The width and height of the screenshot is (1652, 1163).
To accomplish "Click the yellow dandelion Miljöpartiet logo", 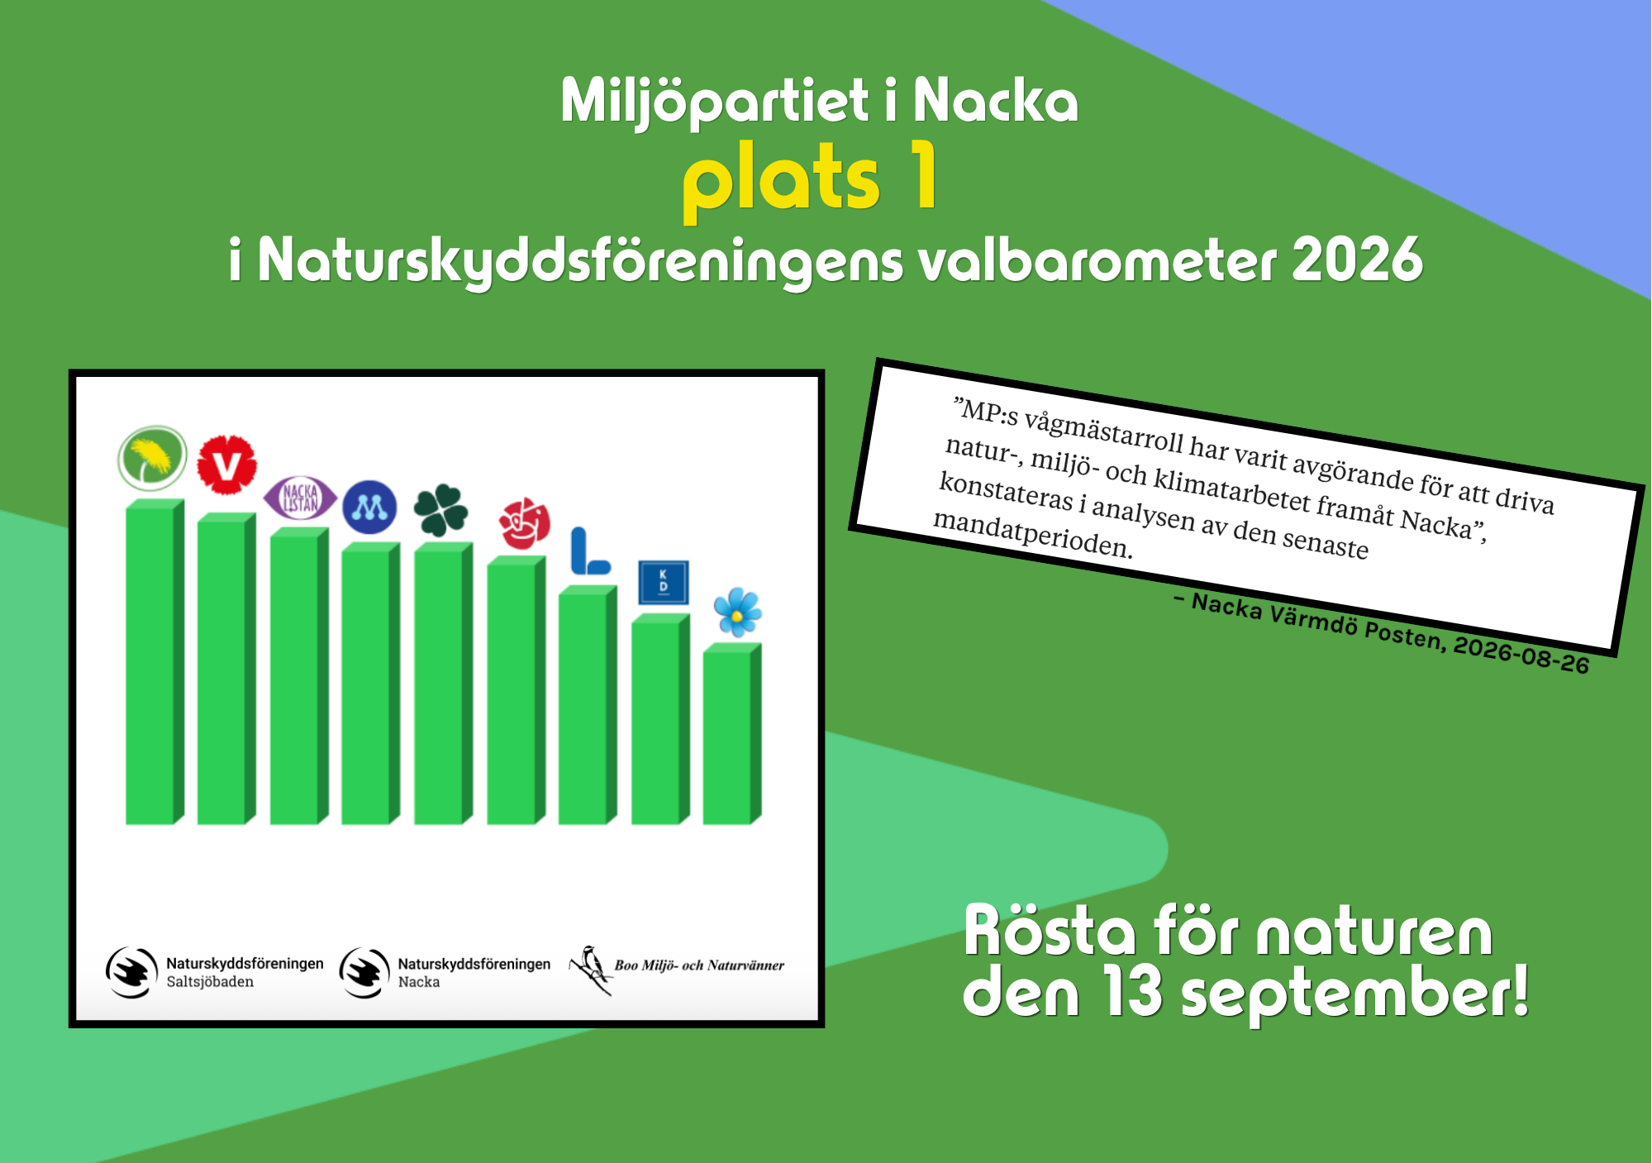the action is click(152, 458).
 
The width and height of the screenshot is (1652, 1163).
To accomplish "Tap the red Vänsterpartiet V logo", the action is click(226, 465).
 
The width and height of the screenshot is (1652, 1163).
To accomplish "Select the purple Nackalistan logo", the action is click(300, 498).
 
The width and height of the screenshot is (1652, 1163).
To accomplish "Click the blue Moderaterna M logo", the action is click(369, 507).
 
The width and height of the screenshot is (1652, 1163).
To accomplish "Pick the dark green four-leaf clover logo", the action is click(440, 510).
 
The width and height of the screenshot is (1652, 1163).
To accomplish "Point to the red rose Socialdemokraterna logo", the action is click(524, 523).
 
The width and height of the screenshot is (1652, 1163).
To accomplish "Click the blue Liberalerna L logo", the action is click(590, 551).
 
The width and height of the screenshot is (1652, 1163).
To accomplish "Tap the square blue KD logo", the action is click(664, 582).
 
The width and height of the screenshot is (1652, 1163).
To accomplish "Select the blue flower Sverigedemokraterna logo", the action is click(737, 612).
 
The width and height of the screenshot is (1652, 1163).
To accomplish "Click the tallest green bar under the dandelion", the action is click(155, 661).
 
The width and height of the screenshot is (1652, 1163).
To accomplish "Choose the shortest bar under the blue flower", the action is click(732, 734).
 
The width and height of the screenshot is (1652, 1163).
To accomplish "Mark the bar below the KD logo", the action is click(660, 719).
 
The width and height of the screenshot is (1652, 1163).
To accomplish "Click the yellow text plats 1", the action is click(811, 178).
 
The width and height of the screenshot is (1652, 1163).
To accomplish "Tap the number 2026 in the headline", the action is click(1357, 260).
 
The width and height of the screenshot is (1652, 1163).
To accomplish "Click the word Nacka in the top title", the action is click(995, 101).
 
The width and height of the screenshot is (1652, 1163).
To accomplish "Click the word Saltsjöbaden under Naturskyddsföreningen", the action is click(210, 982).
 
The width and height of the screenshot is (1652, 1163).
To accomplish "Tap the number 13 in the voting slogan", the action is click(1133, 992).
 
